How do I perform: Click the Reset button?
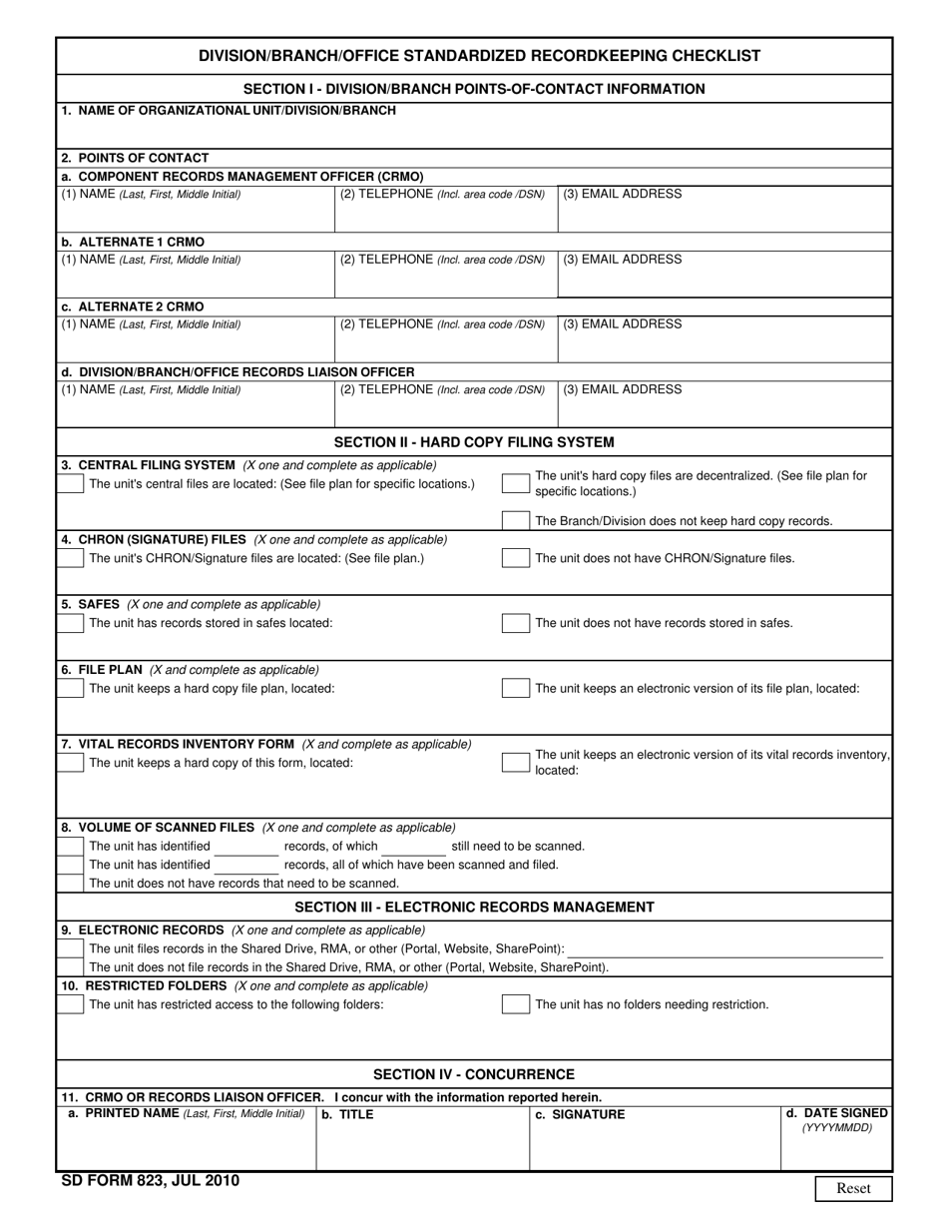click(x=853, y=1188)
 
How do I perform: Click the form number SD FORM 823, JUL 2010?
click(x=150, y=1180)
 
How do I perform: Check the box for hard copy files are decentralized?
click(x=515, y=483)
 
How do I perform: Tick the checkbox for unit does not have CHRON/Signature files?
click(x=515, y=558)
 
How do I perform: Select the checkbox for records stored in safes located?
click(x=71, y=623)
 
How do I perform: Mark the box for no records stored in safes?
click(x=515, y=623)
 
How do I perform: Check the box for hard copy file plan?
click(x=71, y=688)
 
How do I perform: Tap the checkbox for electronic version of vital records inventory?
click(x=515, y=763)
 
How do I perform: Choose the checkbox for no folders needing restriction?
click(x=515, y=1004)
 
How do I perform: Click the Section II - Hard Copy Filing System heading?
click(x=474, y=441)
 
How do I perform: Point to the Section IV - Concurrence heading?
click(x=474, y=1074)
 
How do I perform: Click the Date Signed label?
click(x=836, y=1113)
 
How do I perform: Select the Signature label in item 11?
click(x=580, y=1114)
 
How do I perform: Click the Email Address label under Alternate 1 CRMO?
click(x=623, y=260)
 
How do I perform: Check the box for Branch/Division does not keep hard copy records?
click(x=515, y=520)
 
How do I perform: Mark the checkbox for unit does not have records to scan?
click(x=71, y=883)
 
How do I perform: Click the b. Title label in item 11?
click(x=347, y=1114)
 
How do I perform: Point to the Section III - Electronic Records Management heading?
click(x=474, y=907)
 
